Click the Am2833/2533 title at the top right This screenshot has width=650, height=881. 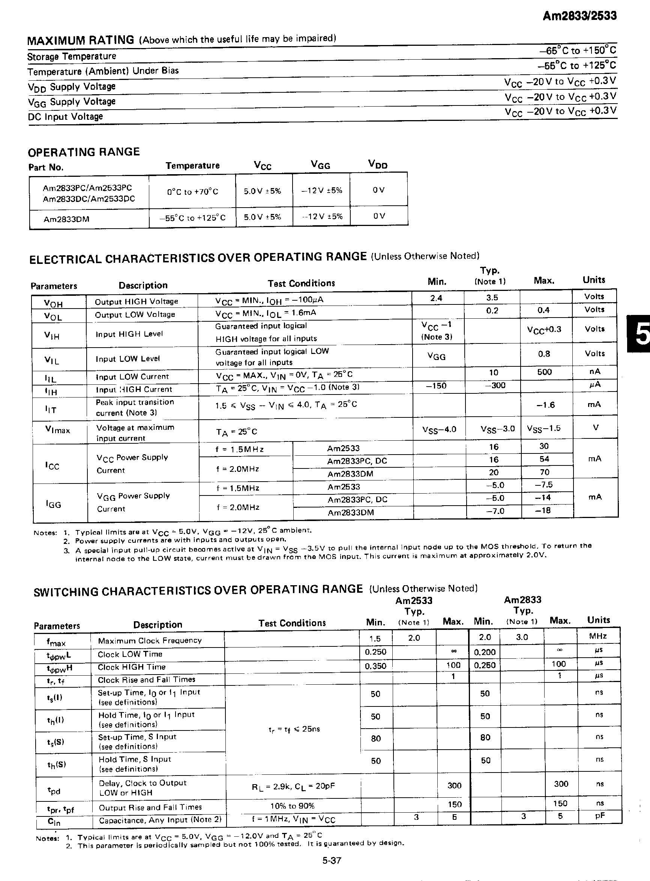point(579,16)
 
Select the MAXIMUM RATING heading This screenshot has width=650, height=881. point(80,40)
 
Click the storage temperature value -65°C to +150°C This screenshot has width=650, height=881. point(577,50)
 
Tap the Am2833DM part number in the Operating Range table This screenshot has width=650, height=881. point(66,219)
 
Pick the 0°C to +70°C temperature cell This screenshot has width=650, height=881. point(192,192)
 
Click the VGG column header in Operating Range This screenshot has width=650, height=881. point(320,165)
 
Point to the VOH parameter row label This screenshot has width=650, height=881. point(53,304)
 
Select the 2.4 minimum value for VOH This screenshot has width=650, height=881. point(436,298)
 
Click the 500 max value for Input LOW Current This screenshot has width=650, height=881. point(545,372)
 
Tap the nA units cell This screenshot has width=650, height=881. point(594,371)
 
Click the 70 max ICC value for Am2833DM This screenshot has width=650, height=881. point(545,472)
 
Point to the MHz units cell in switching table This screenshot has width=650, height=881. point(598,636)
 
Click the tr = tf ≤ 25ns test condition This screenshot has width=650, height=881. point(294,729)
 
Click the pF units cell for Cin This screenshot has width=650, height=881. point(599,816)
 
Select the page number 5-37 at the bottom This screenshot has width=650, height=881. point(332,860)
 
